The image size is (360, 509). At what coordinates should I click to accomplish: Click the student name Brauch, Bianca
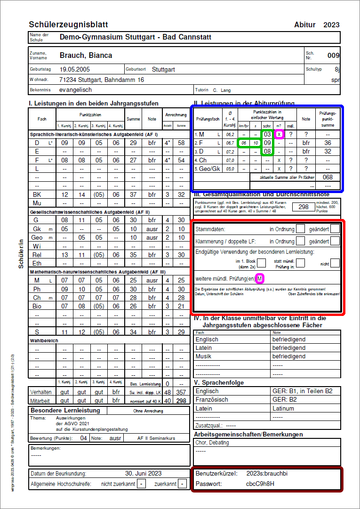tap(86, 56)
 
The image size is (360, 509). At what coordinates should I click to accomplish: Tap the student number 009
tap(334, 56)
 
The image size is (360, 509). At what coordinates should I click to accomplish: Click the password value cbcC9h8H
tap(260, 484)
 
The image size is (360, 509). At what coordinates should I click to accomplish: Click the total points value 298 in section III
tap(304, 207)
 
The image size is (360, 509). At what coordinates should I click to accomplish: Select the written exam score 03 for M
tap(267, 135)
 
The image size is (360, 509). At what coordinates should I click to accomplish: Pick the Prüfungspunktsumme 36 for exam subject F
tap(328, 143)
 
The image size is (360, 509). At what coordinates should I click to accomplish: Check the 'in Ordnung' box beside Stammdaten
tap(301, 229)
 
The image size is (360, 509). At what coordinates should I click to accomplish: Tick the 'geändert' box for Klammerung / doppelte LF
tap(335, 241)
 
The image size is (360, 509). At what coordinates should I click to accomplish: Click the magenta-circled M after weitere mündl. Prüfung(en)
tap(259, 278)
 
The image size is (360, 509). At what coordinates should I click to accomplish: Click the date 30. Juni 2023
tap(143, 473)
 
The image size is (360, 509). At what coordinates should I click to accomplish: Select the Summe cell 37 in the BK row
tap(133, 194)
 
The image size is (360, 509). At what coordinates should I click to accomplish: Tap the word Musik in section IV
tap(203, 356)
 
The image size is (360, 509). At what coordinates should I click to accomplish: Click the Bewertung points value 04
tap(84, 438)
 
